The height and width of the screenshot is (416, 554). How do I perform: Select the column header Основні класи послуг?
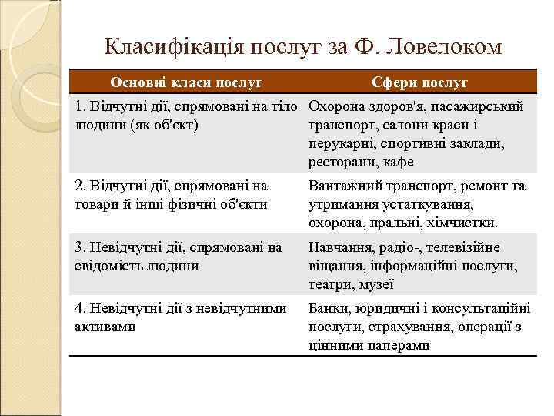click(186, 82)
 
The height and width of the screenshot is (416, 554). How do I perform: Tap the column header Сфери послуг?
click(419, 82)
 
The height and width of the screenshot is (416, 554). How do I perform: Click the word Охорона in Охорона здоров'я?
click(335, 106)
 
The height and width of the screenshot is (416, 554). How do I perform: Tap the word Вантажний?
click(342, 186)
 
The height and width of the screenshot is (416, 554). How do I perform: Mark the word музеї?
click(377, 284)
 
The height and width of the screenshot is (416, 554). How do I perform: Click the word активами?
click(105, 327)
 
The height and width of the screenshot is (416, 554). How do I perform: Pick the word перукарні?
click(341, 143)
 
